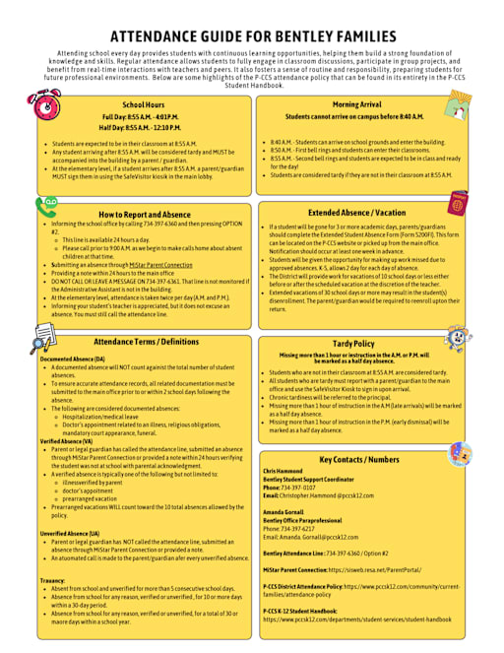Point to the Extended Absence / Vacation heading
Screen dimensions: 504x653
point(355,213)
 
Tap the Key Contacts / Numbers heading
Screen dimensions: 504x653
point(359,459)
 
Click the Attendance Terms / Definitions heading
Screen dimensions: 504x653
point(146,342)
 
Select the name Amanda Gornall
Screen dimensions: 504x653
point(283,513)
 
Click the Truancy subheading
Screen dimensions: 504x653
point(52,580)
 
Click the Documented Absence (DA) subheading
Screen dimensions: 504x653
point(72,359)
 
